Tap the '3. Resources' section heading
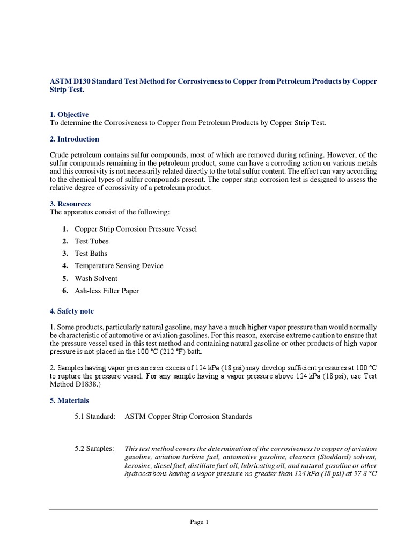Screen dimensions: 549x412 click(x=70, y=204)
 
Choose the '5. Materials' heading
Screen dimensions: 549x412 click(x=69, y=400)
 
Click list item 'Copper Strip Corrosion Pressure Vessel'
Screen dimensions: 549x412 click(x=136, y=229)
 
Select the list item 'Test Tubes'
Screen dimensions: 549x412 click(x=92, y=241)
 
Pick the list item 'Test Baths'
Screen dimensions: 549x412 click(x=91, y=254)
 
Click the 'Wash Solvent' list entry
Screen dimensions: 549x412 click(x=96, y=278)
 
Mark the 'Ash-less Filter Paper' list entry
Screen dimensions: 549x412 click(x=107, y=291)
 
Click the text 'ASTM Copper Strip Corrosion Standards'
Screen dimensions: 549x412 click(x=188, y=417)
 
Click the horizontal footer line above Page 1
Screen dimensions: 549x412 click(x=213, y=510)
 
